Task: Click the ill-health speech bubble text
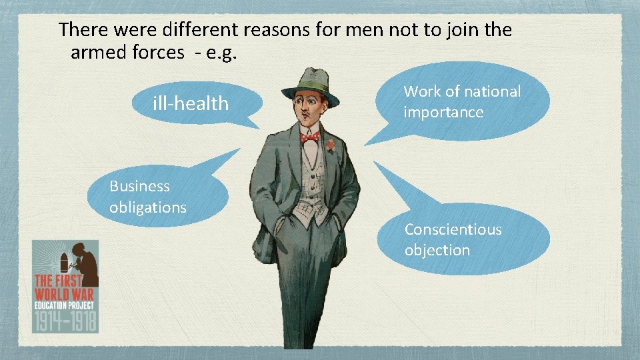click(x=190, y=103)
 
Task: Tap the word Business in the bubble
click(x=139, y=186)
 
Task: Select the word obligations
click(x=148, y=207)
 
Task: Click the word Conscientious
click(x=453, y=229)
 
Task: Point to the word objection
click(x=437, y=250)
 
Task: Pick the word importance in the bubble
click(x=443, y=112)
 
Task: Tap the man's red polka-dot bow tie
click(x=310, y=137)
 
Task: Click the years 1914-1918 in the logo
click(x=65, y=320)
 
